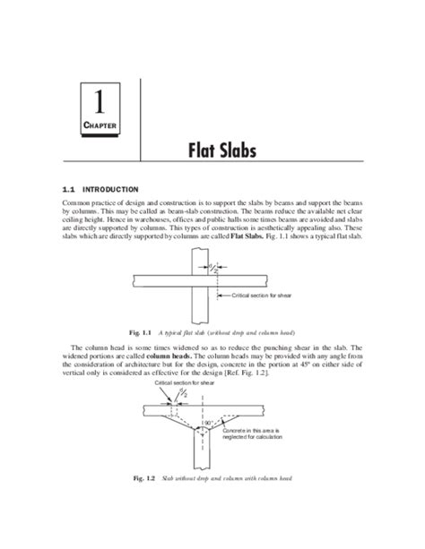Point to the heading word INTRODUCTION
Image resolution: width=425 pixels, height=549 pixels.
(x=110, y=190)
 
